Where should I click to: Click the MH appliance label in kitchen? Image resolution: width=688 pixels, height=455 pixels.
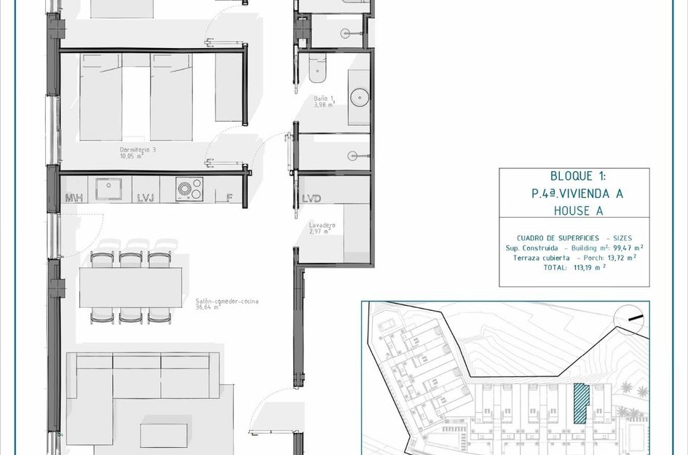74,198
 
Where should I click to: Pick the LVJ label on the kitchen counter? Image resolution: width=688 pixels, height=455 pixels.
145,198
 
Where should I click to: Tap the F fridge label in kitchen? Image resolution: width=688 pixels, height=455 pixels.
229,198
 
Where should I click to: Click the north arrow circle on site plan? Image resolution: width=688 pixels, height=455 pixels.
631,317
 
